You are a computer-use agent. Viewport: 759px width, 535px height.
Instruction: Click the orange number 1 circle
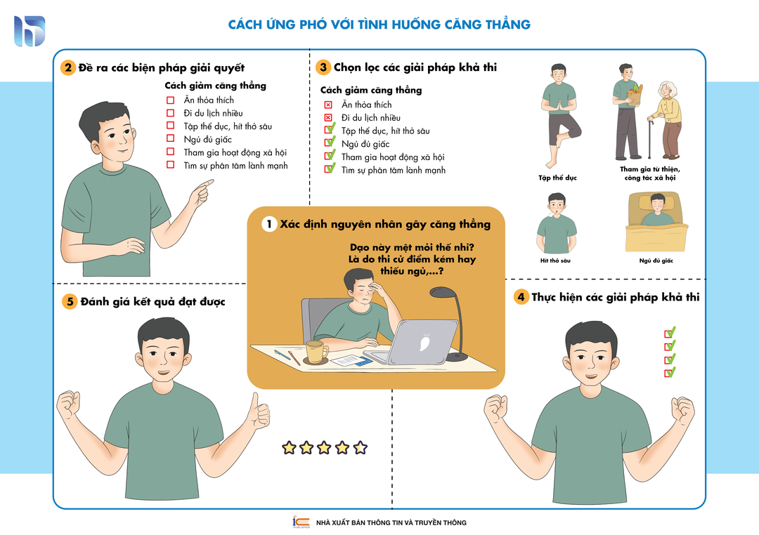268,224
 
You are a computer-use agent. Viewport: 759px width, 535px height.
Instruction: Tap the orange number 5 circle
70,302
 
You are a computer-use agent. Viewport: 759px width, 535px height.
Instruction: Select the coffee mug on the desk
316,352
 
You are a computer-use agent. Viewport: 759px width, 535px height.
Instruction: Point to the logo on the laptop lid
424,343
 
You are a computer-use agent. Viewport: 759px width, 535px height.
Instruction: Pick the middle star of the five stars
324,447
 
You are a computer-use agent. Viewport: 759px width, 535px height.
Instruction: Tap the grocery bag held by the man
635,95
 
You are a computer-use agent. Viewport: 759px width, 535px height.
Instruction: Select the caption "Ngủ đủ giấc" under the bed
656,260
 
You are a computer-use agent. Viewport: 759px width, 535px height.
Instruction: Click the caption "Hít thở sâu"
555,260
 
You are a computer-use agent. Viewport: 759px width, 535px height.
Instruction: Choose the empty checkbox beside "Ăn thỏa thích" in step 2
170,100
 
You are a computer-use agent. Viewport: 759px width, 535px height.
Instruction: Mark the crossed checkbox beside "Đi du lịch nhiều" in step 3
328,117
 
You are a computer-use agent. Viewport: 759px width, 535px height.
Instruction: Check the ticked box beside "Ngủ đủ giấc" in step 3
330,143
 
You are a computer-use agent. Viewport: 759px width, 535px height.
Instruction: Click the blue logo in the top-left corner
30,31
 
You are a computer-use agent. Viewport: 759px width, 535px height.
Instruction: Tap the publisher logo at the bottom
301,522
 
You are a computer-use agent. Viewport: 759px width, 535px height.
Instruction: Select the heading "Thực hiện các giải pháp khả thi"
615,297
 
